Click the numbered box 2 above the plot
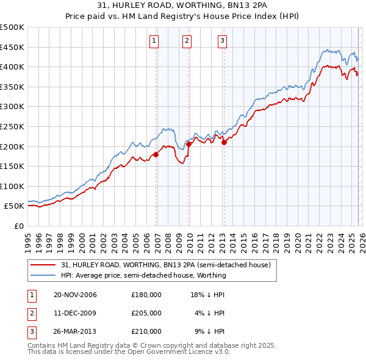coord(187,41)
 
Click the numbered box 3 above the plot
coord(222,41)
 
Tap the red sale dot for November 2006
coord(156,154)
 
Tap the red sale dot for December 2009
coord(189,144)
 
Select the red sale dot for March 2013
coord(224,143)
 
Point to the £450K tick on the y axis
coord(12,47)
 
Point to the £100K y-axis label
coord(12,186)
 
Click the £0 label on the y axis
coord(18,226)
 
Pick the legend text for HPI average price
coord(143,275)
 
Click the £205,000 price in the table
coord(146,313)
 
